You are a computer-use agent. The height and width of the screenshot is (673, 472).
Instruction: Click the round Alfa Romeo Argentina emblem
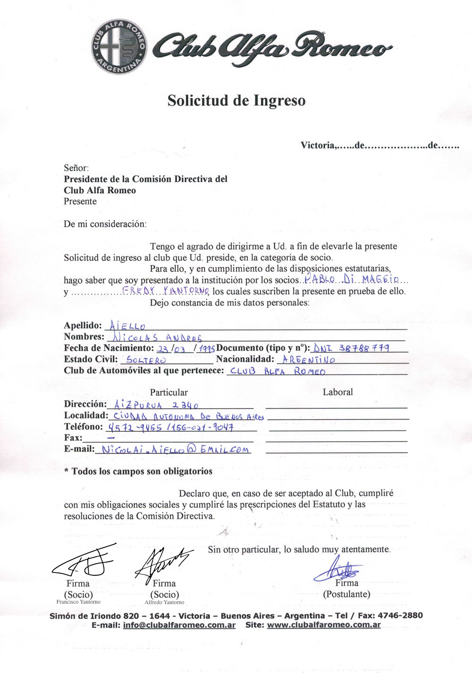(x=119, y=48)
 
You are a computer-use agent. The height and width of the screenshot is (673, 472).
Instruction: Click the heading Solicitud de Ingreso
(x=236, y=101)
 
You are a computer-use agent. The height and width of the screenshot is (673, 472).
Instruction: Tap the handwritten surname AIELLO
(x=127, y=326)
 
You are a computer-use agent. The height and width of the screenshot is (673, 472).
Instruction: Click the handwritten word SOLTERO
(x=146, y=360)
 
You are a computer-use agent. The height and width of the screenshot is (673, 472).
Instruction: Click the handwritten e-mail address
(x=176, y=450)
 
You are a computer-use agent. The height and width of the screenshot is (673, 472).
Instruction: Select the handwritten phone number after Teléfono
(x=171, y=428)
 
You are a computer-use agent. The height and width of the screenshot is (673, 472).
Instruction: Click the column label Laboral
(x=337, y=392)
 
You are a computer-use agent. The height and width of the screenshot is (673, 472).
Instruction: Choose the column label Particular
(x=169, y=393)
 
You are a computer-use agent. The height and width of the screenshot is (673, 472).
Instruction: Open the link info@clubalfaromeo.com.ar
(x=179, y=625)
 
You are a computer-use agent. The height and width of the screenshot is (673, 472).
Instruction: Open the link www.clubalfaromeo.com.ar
(x=324, y=625)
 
